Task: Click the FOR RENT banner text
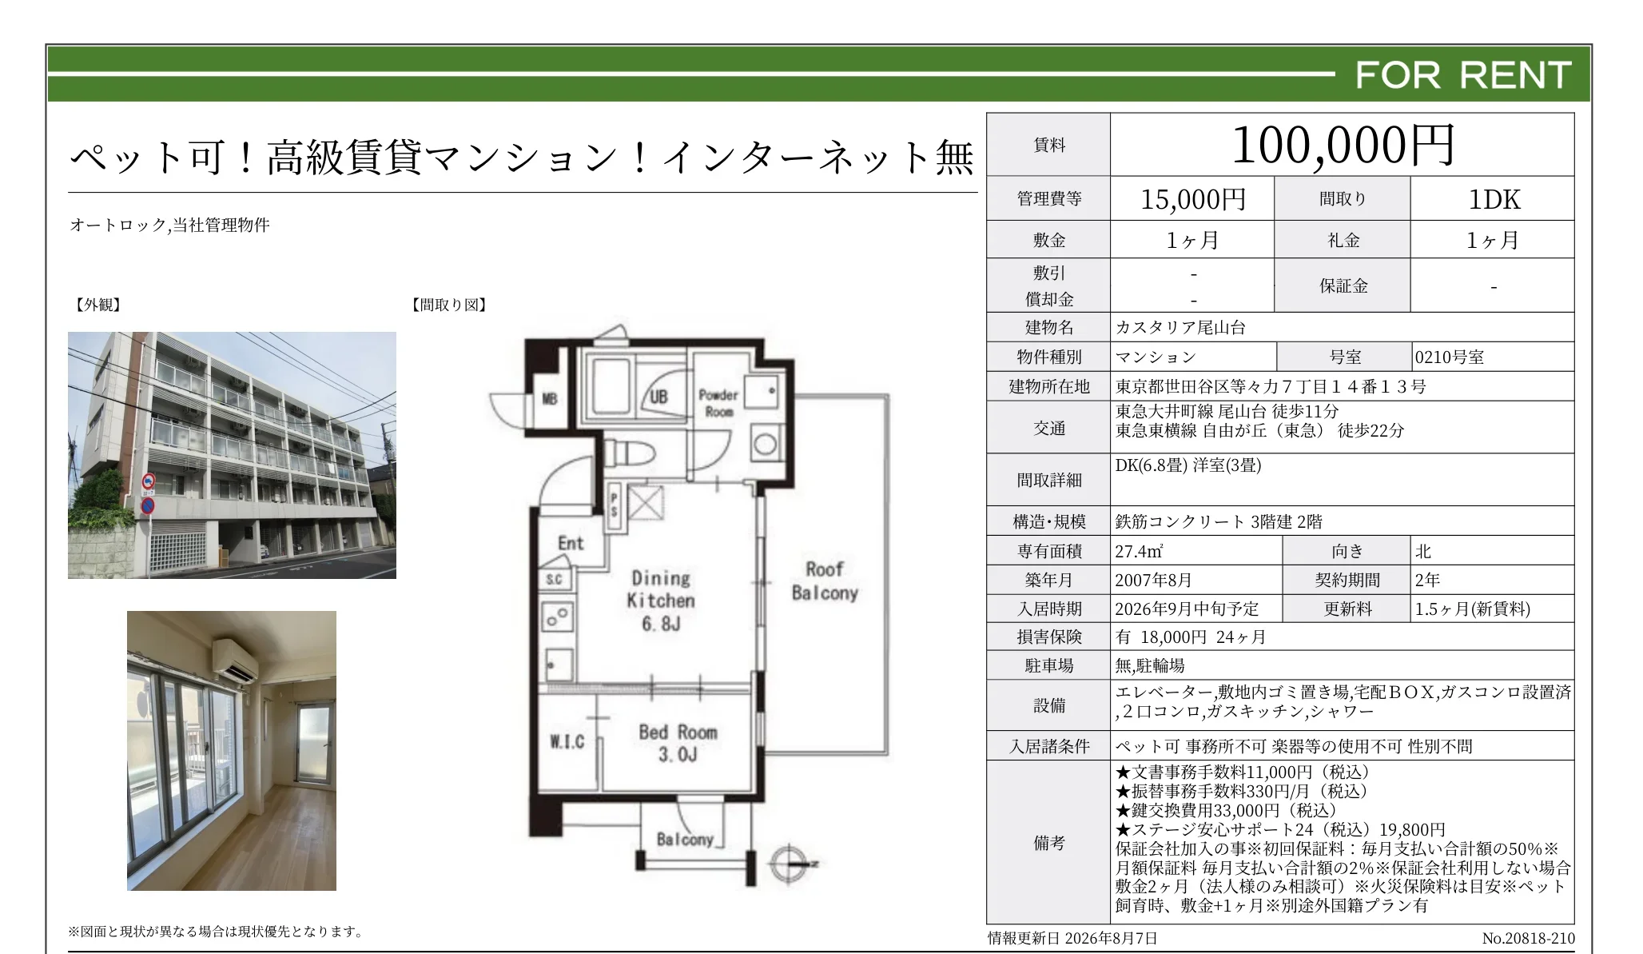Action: tap(1463, 75)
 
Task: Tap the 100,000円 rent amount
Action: tap(1343, 146)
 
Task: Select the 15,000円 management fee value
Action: tap(1193, 199)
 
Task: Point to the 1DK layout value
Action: tap(1494, 199)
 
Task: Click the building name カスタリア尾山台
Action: tap(1180, 327)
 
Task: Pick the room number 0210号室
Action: tap(1449, 357)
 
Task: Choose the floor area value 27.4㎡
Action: tap(1139, 551)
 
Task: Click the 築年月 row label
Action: tap(1048, 580)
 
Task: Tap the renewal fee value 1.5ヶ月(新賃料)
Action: tap(1472, 609)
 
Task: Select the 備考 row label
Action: tap(1048, 842)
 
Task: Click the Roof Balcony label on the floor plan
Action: tap(825, 581)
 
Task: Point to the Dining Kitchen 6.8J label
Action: tap(661, 600)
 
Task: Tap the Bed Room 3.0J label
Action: tap(678, 743)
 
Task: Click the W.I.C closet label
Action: tap(567, 742)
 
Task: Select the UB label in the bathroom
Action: tap(658, 396)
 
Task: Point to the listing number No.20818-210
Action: tap(1528, 938)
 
